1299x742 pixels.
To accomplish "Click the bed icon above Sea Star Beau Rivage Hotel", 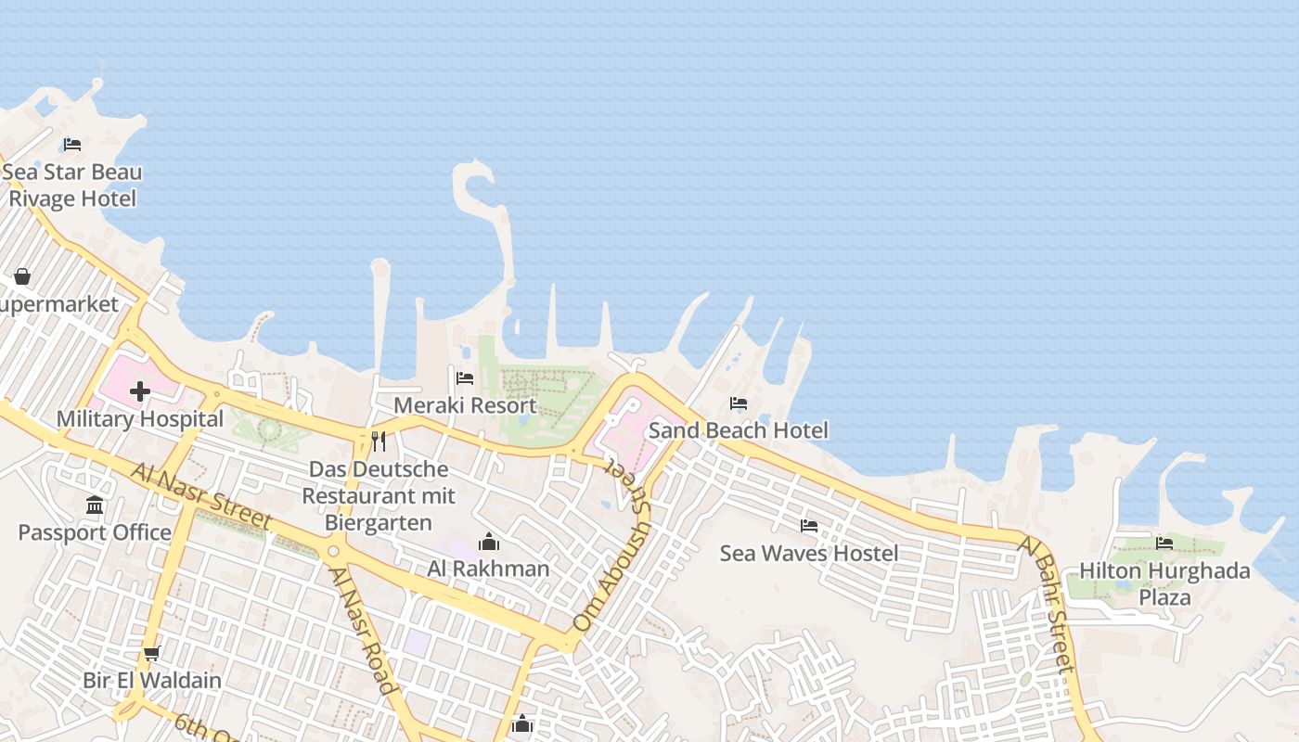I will [72, 144].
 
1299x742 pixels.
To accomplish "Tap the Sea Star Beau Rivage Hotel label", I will [72, 185].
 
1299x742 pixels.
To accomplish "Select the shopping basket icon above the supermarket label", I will [22, 276].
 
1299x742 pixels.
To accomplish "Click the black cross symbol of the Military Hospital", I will [140, 391].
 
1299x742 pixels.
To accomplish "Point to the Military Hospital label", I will [140, 419].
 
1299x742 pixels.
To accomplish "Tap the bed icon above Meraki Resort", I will [465, 377].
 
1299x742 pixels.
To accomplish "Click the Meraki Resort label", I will [465, 405].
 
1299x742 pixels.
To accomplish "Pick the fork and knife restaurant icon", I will [379, 441].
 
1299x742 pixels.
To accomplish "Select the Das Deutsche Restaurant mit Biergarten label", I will [379, 496].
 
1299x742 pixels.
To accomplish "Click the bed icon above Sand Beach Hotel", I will [739, 403].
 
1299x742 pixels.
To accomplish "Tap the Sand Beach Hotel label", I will [739, 430].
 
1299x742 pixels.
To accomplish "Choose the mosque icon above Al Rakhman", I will [489, 542].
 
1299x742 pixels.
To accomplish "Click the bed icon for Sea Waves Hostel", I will [809, 526].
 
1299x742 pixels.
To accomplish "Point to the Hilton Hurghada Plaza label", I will [1164, 583].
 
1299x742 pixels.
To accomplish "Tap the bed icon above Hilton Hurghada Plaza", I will [1164, 543].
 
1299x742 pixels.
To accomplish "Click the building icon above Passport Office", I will [95, 505].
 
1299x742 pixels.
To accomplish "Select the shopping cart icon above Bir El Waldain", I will [152, 652].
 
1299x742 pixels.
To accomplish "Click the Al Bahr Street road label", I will [1047, 603].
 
